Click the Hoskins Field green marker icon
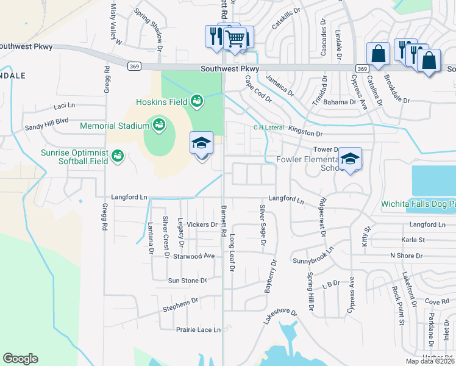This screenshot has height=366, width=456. (x=196, y=100)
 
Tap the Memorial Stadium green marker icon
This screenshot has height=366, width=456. (x=159, y=125)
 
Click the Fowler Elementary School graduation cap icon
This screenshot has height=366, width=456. (x=350, y=159)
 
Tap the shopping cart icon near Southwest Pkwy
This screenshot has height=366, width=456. (x=235, y=39)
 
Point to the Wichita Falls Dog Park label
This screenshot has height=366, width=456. (x=418, y=204)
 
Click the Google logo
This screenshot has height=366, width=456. (x=20, y=359)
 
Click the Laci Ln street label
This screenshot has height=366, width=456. (x=64, y=106)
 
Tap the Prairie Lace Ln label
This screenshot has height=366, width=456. (x=198, y=329)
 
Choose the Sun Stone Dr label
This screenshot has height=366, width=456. (x=187, y=281)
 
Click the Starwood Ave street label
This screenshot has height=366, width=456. (x=194, y=256)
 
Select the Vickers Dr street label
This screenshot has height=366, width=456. (x=202, y=224)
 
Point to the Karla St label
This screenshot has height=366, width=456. (x=413, y=240)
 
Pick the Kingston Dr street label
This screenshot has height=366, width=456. (x=304, y=132)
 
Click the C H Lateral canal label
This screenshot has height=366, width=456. (x=269, y=127)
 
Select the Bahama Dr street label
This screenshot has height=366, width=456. (x=340, y=102)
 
